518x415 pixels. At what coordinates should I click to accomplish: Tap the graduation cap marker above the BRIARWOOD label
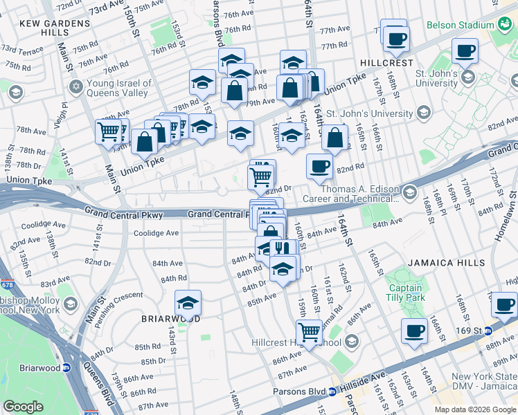pos(188,302)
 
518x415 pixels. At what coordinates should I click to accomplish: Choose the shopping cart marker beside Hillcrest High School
pos(309,331)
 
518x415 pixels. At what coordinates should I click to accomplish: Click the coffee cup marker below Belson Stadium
pos(465,50)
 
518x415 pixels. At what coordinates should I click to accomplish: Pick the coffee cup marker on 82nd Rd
pos(319,166)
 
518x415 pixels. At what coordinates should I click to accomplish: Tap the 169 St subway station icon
pos(488,312)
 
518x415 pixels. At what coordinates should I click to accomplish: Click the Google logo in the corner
pos(24,407)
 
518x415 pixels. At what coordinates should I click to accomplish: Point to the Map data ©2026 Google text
pos(474,409)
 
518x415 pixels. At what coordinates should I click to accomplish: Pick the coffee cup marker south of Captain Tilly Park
pos(413,330)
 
